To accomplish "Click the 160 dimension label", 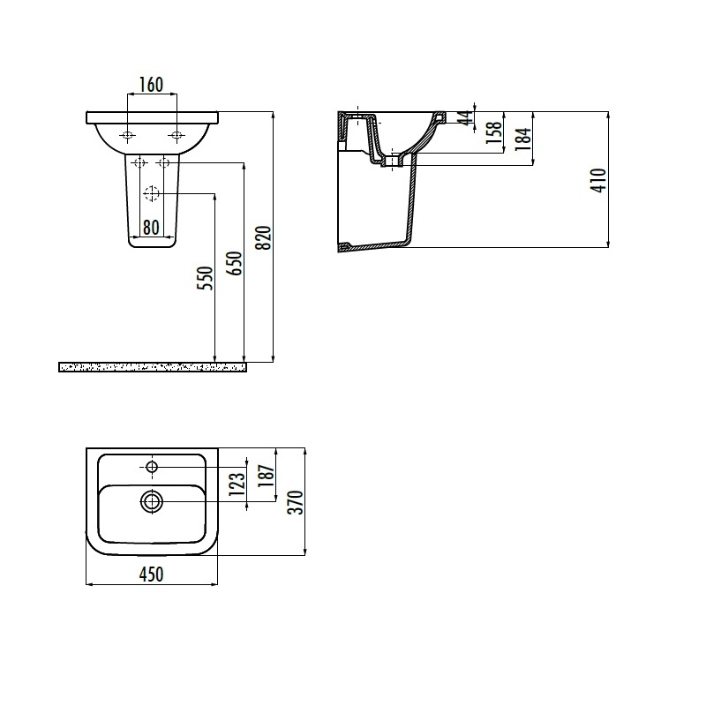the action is (x=151, y=85).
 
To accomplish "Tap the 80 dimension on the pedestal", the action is (x=151, y=228).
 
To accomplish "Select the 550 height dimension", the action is (x=206, y=278).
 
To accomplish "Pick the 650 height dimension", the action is (x=235, y=263).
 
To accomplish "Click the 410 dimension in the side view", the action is (x=599, y=181).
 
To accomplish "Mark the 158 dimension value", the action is (x=494, y=132).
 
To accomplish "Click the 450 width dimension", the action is (x=151, y=575).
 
